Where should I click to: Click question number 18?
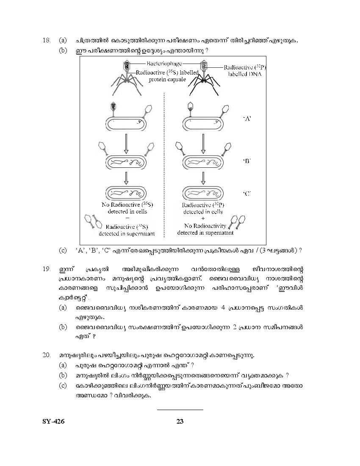(47, 41)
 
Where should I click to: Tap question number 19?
(47, 269)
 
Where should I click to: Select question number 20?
(47, 355)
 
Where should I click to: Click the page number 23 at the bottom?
(180, 421)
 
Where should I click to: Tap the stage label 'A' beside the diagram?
(247, 119)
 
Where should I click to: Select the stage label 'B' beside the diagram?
(247, 161)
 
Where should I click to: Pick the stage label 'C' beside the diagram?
(247, 194)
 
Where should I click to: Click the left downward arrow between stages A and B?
(125, 144)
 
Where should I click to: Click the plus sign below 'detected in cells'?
(203, 219)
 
